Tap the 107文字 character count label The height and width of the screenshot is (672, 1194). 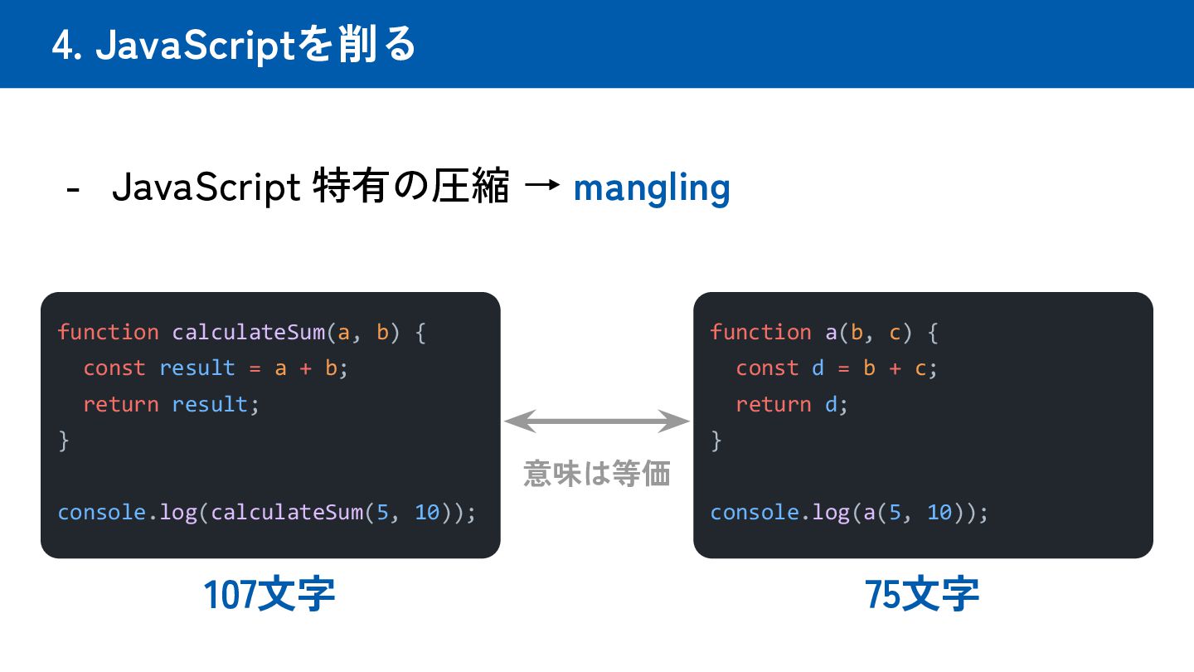pyautogui.click(x=269, y=595)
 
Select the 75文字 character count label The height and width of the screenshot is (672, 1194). pyautogui.click(x=922, y=595)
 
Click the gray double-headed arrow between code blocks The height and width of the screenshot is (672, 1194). pyautogui.click(x=597, y=421)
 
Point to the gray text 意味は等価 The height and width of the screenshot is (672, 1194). pyautogui.click(x=597, y=474)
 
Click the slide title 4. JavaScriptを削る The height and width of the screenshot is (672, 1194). pyautogui.click(x=234, y=45)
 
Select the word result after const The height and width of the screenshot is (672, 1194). pyautogui.click(x=197, y=368)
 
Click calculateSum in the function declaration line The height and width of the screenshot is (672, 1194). pyautogui.click(x=249, y=333)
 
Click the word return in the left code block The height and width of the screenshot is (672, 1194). pyautogui.click(x=121, y=404)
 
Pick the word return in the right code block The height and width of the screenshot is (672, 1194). pyautogui.click(x=774, y=404)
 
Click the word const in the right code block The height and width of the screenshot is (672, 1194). pyautogui.click(x=767, y=368)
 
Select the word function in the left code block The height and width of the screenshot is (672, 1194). pyautogui.click(x=108, y=333)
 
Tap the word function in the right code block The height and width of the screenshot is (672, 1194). pyautogui.click(x=760, y=333)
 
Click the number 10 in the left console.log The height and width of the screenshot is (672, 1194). pyautogui.click(x=428, y=512)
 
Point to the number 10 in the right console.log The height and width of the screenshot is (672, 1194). pyautogui.click(x=939, y=512)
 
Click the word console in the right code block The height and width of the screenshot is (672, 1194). pyautogui.click(x=754, y=512)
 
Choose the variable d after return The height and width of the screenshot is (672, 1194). pyautogui.click(x=831, y=404)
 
